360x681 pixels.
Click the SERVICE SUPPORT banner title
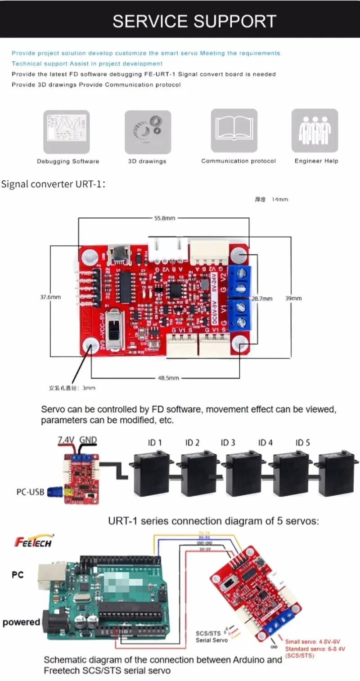[x=194, y=21]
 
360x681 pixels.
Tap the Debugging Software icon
[x=66, y=131]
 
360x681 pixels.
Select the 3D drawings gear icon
[x=147, y=131]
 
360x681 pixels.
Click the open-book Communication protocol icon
[x=234, y=131]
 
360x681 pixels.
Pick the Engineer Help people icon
[x=315, y=131]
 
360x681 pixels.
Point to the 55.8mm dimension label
[x=164, y=218]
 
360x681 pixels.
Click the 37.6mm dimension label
[x=50, y=297]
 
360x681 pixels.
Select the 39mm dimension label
[x=293, y=298]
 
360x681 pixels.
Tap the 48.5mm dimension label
[x=168, y=378]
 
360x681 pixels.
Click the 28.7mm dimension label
[x=261, y=299]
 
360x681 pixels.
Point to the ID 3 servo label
[x=228, y=443]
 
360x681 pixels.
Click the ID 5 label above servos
[x=302, y=443]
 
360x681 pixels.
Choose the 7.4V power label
[x=66, y=439]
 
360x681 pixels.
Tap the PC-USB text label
[x=31, y=492]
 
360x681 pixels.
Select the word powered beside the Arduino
[x=21, y=623]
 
